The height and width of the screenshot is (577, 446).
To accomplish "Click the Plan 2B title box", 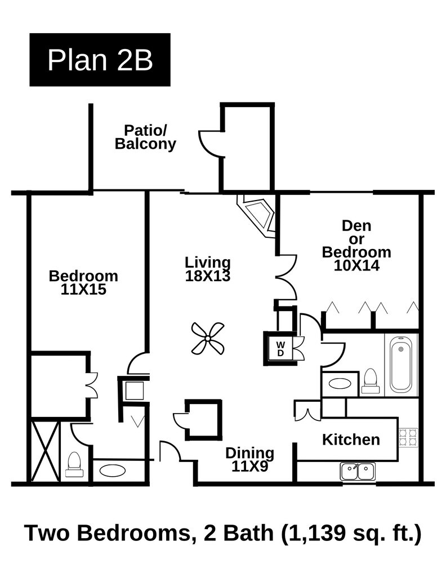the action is tap(100, 60).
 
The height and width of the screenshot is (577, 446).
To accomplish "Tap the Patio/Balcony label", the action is tap(145, 137).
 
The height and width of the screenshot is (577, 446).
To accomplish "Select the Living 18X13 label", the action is tap(208, 269).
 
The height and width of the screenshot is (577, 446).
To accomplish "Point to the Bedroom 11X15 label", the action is tap(83, 282).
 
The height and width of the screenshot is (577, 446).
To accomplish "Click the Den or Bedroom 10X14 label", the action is tap(356, 245).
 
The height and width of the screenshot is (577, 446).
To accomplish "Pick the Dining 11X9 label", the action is tap(249, 459).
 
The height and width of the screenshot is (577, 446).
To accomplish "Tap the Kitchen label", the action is tap(351, 440).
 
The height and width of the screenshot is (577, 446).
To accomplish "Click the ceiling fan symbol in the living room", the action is tap(208, 338).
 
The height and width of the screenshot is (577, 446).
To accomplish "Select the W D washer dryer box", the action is tap(280, 348).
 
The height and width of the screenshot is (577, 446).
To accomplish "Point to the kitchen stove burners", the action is tap(408, 437).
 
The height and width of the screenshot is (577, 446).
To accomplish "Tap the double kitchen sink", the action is tap(358, 472).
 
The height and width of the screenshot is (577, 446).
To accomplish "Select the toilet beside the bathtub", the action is tap(370, 381).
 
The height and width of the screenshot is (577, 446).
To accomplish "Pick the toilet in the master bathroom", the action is tap(74, 465).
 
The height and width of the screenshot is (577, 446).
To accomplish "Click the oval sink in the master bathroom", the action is tap(113, 470).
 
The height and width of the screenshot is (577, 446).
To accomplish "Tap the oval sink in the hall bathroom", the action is tap(340, 383).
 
